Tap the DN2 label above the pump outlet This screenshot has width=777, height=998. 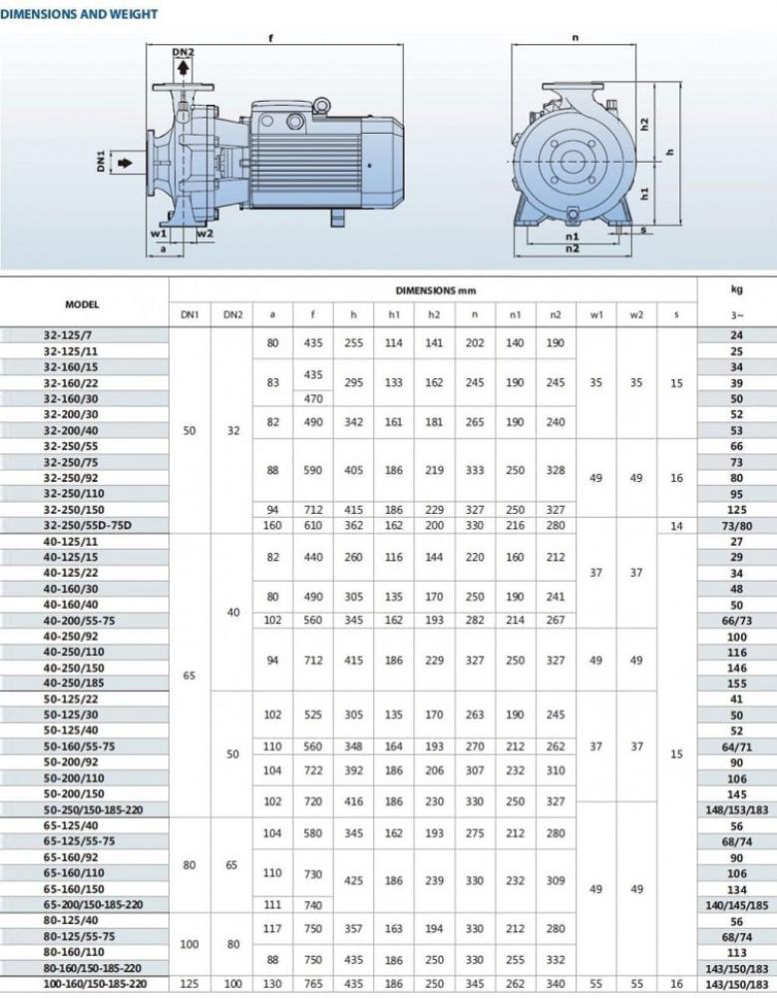click(x=184, y=52)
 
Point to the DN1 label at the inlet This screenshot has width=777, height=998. click(x=102, y=161)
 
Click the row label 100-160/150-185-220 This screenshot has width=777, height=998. click(x=84, y=983)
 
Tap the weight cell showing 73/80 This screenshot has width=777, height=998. click(x=737, y=525)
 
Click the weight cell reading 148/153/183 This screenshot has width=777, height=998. click(x=737, y=809)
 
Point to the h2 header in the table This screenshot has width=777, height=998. click(x=433, y=315)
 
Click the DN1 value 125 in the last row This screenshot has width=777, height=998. click(x=190, y=983)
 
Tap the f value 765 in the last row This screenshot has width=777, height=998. click(x=313, y=983)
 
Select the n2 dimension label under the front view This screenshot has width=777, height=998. click(x=572, y=249)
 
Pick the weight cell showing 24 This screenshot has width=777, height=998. click(x=737, y=336)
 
